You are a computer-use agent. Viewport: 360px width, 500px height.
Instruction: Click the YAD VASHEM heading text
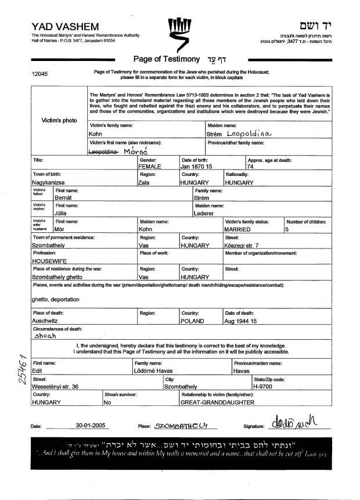pos(65,27)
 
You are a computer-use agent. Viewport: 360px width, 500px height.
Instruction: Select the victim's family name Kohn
pos(96,134)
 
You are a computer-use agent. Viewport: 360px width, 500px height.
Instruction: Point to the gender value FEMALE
pos(150,166)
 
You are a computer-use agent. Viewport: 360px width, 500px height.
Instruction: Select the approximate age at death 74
pos(251,166)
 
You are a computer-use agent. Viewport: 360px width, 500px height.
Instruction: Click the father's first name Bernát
pos(66,198)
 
